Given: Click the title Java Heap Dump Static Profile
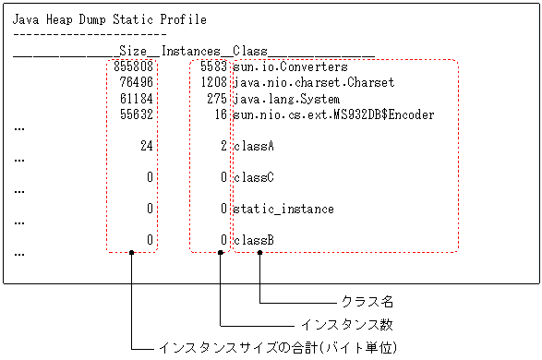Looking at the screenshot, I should pyautogui.click(x=109, y=19).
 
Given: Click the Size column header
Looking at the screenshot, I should pyautogui.click(x=133, y=51).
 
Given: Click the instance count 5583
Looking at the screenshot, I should pyautogui.click(x=213, y=67).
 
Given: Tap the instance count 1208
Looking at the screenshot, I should pyautogui.click(x=213, y=83).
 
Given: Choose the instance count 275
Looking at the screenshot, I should pyautogui.click(x=217, y=99).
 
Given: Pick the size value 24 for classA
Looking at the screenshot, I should pyautogui.click(x=147, y=146).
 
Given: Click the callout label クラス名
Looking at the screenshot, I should pyautogui.click(x=367, y=302).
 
